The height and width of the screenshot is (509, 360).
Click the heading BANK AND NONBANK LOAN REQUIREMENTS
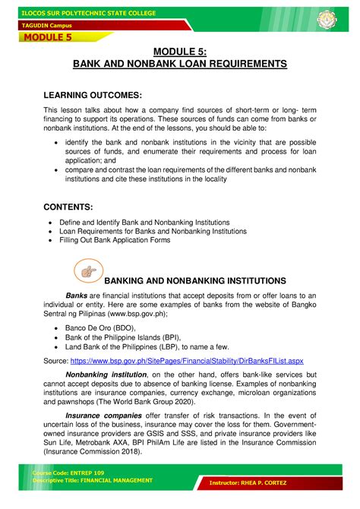coord(180,64)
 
